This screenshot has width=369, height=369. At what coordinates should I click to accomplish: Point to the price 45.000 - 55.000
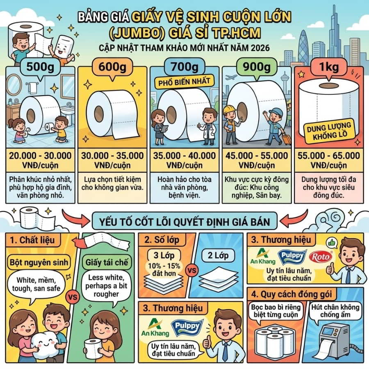(256, 156)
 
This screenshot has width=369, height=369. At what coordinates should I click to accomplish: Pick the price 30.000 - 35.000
(112, 156)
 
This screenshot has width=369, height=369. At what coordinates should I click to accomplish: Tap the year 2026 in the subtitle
(258, 48)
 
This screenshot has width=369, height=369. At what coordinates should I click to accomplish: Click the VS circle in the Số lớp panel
(190, 271)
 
